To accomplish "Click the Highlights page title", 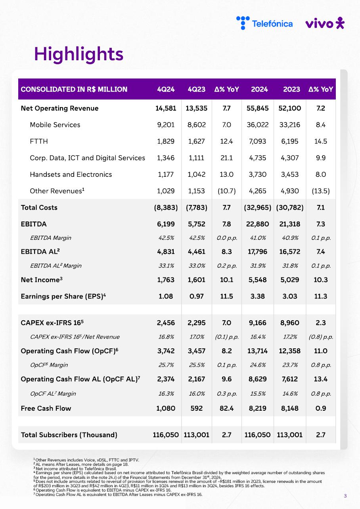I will pos(79,54).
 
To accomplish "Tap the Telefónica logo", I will pos(264,23).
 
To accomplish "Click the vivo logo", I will pos(325,23).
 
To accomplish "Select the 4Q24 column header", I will pos(166,89).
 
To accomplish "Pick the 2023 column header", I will pos(291,89).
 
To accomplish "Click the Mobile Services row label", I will pos(55,125).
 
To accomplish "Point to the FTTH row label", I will pos(39,142).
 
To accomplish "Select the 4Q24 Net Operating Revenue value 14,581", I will pos(166,108).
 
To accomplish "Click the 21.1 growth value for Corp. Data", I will pos(226,158).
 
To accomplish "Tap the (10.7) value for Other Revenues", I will pos(226,191).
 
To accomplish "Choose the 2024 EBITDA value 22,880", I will pos(258,224).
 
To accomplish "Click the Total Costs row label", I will pos(39,208).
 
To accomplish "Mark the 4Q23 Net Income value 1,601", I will pos(196,280).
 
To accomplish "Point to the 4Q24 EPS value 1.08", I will pos(166,297).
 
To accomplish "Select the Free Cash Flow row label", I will pos(46,408).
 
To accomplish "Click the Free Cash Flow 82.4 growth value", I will pos(226,408).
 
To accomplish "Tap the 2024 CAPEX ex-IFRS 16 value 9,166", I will pos(258,323).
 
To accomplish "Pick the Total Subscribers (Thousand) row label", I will pos(69,435).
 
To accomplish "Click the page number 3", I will pos(345,496).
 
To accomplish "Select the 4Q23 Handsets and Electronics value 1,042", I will pos(196,174).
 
